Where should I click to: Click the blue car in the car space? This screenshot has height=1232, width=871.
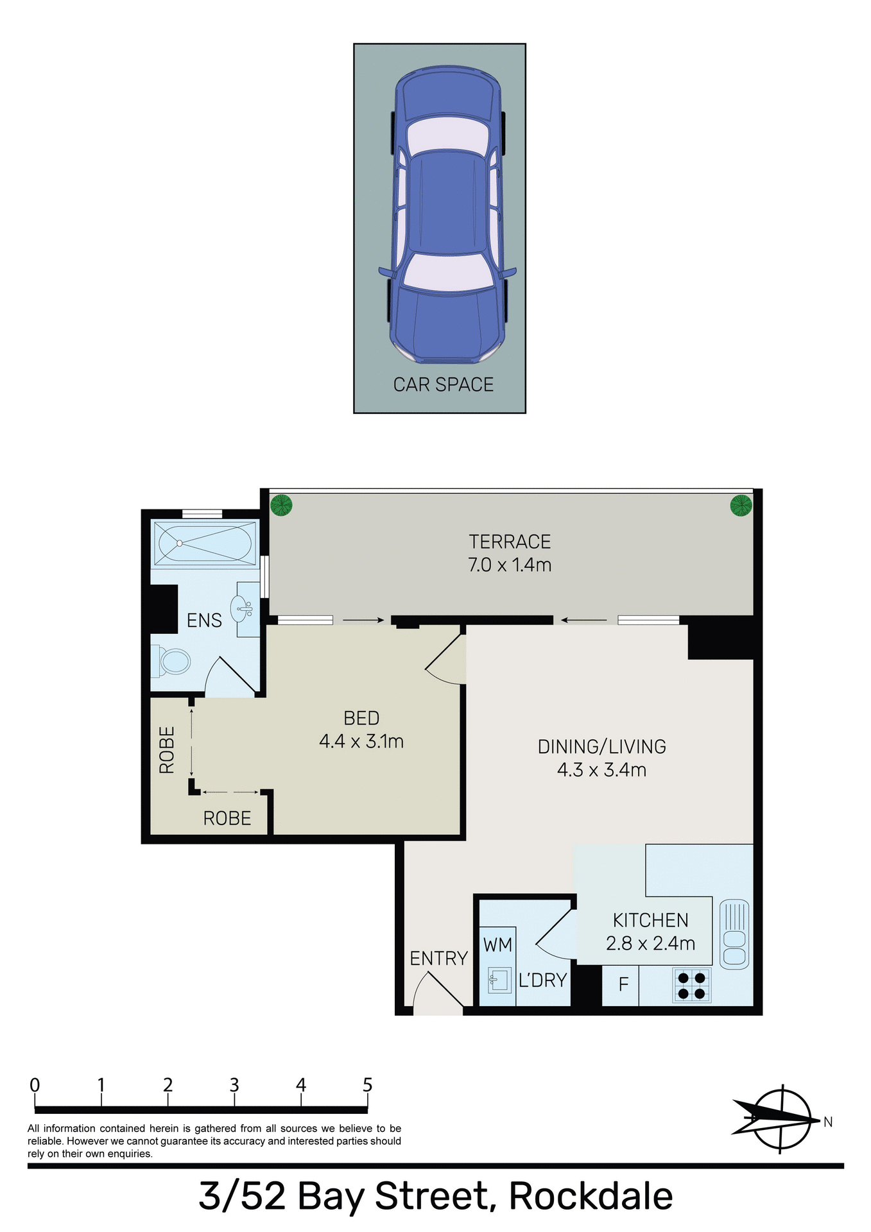tap(447, 215)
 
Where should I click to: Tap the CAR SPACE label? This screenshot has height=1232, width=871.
tap(444, 384)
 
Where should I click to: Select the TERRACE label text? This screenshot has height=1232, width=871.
tap(510, 542)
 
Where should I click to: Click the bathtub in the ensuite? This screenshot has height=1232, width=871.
tap(205, 543)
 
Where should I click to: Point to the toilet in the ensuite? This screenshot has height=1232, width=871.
tap(172, 661)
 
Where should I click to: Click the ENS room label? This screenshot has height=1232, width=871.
tap(204, 620)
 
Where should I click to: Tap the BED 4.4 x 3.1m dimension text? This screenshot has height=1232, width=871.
tap(361, 742)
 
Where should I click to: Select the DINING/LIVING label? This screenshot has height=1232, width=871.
tap(601, 747)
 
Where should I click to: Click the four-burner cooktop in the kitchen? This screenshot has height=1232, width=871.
tap(692, 986)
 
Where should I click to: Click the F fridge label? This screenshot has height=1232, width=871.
tap(623, 984)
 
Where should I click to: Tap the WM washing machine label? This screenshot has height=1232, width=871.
tap(497, 945)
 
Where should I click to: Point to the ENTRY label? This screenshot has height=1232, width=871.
tap(439, 959)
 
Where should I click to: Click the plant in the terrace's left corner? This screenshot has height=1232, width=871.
tap(280, 505)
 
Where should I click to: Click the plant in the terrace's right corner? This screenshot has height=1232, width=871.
tap(741, 505)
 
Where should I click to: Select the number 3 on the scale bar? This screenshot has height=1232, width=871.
tap(234, 1085)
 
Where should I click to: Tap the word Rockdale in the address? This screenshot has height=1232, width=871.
tap(591, 1197)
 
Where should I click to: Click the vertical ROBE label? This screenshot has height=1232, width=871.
tap(167, 749)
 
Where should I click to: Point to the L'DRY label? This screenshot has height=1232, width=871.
tap(542, 980)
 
